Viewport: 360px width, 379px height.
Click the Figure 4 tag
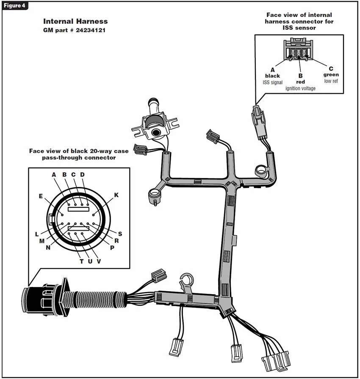click(15, 6)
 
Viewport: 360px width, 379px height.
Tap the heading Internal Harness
click(75, 21)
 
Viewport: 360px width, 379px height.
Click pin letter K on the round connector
click(116, 195)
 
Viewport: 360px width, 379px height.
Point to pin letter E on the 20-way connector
click(41, 196)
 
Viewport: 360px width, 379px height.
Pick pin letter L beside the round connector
click(37, 234)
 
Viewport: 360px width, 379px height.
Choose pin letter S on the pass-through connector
click(120, 234)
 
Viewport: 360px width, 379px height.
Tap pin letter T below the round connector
click(81, 261)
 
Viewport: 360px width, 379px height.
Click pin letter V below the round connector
click(99, 261)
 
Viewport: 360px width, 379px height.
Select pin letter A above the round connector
click(54, 174)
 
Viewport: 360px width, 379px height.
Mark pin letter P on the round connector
click(112, 248)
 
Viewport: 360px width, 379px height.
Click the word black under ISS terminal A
click(272, 76)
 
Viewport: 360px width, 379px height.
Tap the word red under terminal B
click(300, 82)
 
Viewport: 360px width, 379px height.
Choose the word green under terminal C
click(331, 75)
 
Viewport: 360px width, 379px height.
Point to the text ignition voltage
click(300, 88)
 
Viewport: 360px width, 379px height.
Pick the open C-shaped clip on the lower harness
click(187, 281)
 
